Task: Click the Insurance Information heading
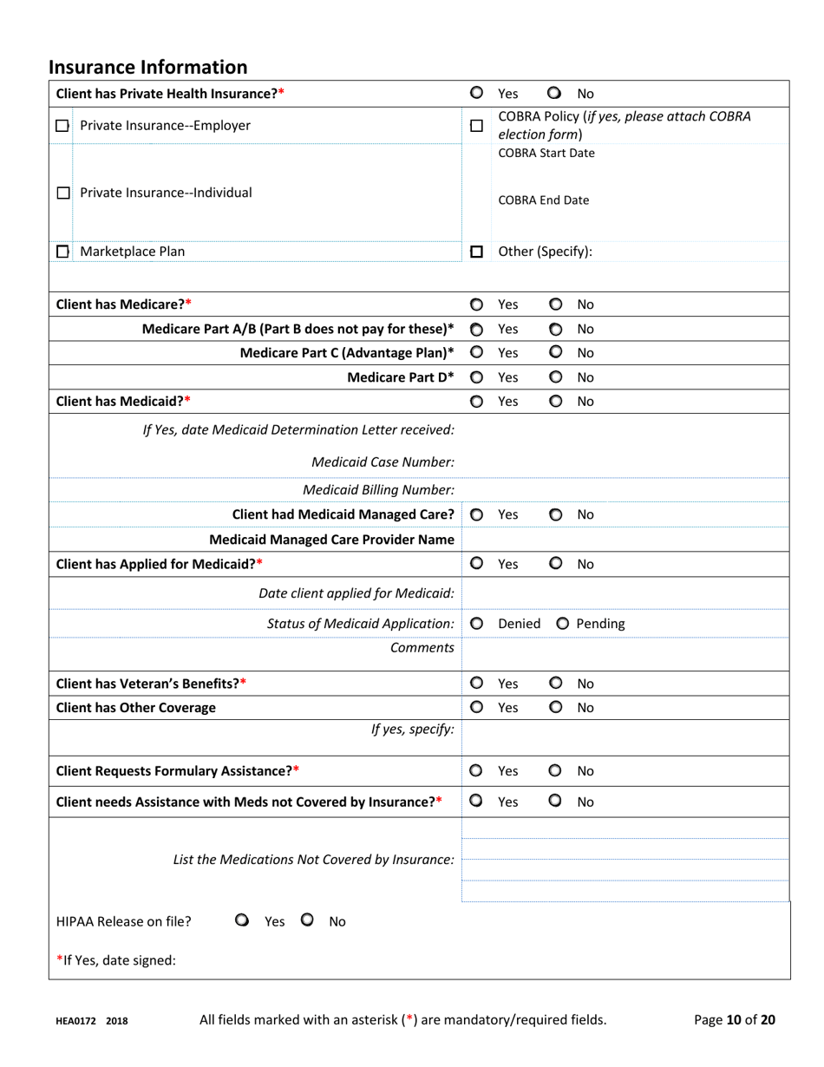pos(148,67)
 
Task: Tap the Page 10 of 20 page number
pos(735,1020)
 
